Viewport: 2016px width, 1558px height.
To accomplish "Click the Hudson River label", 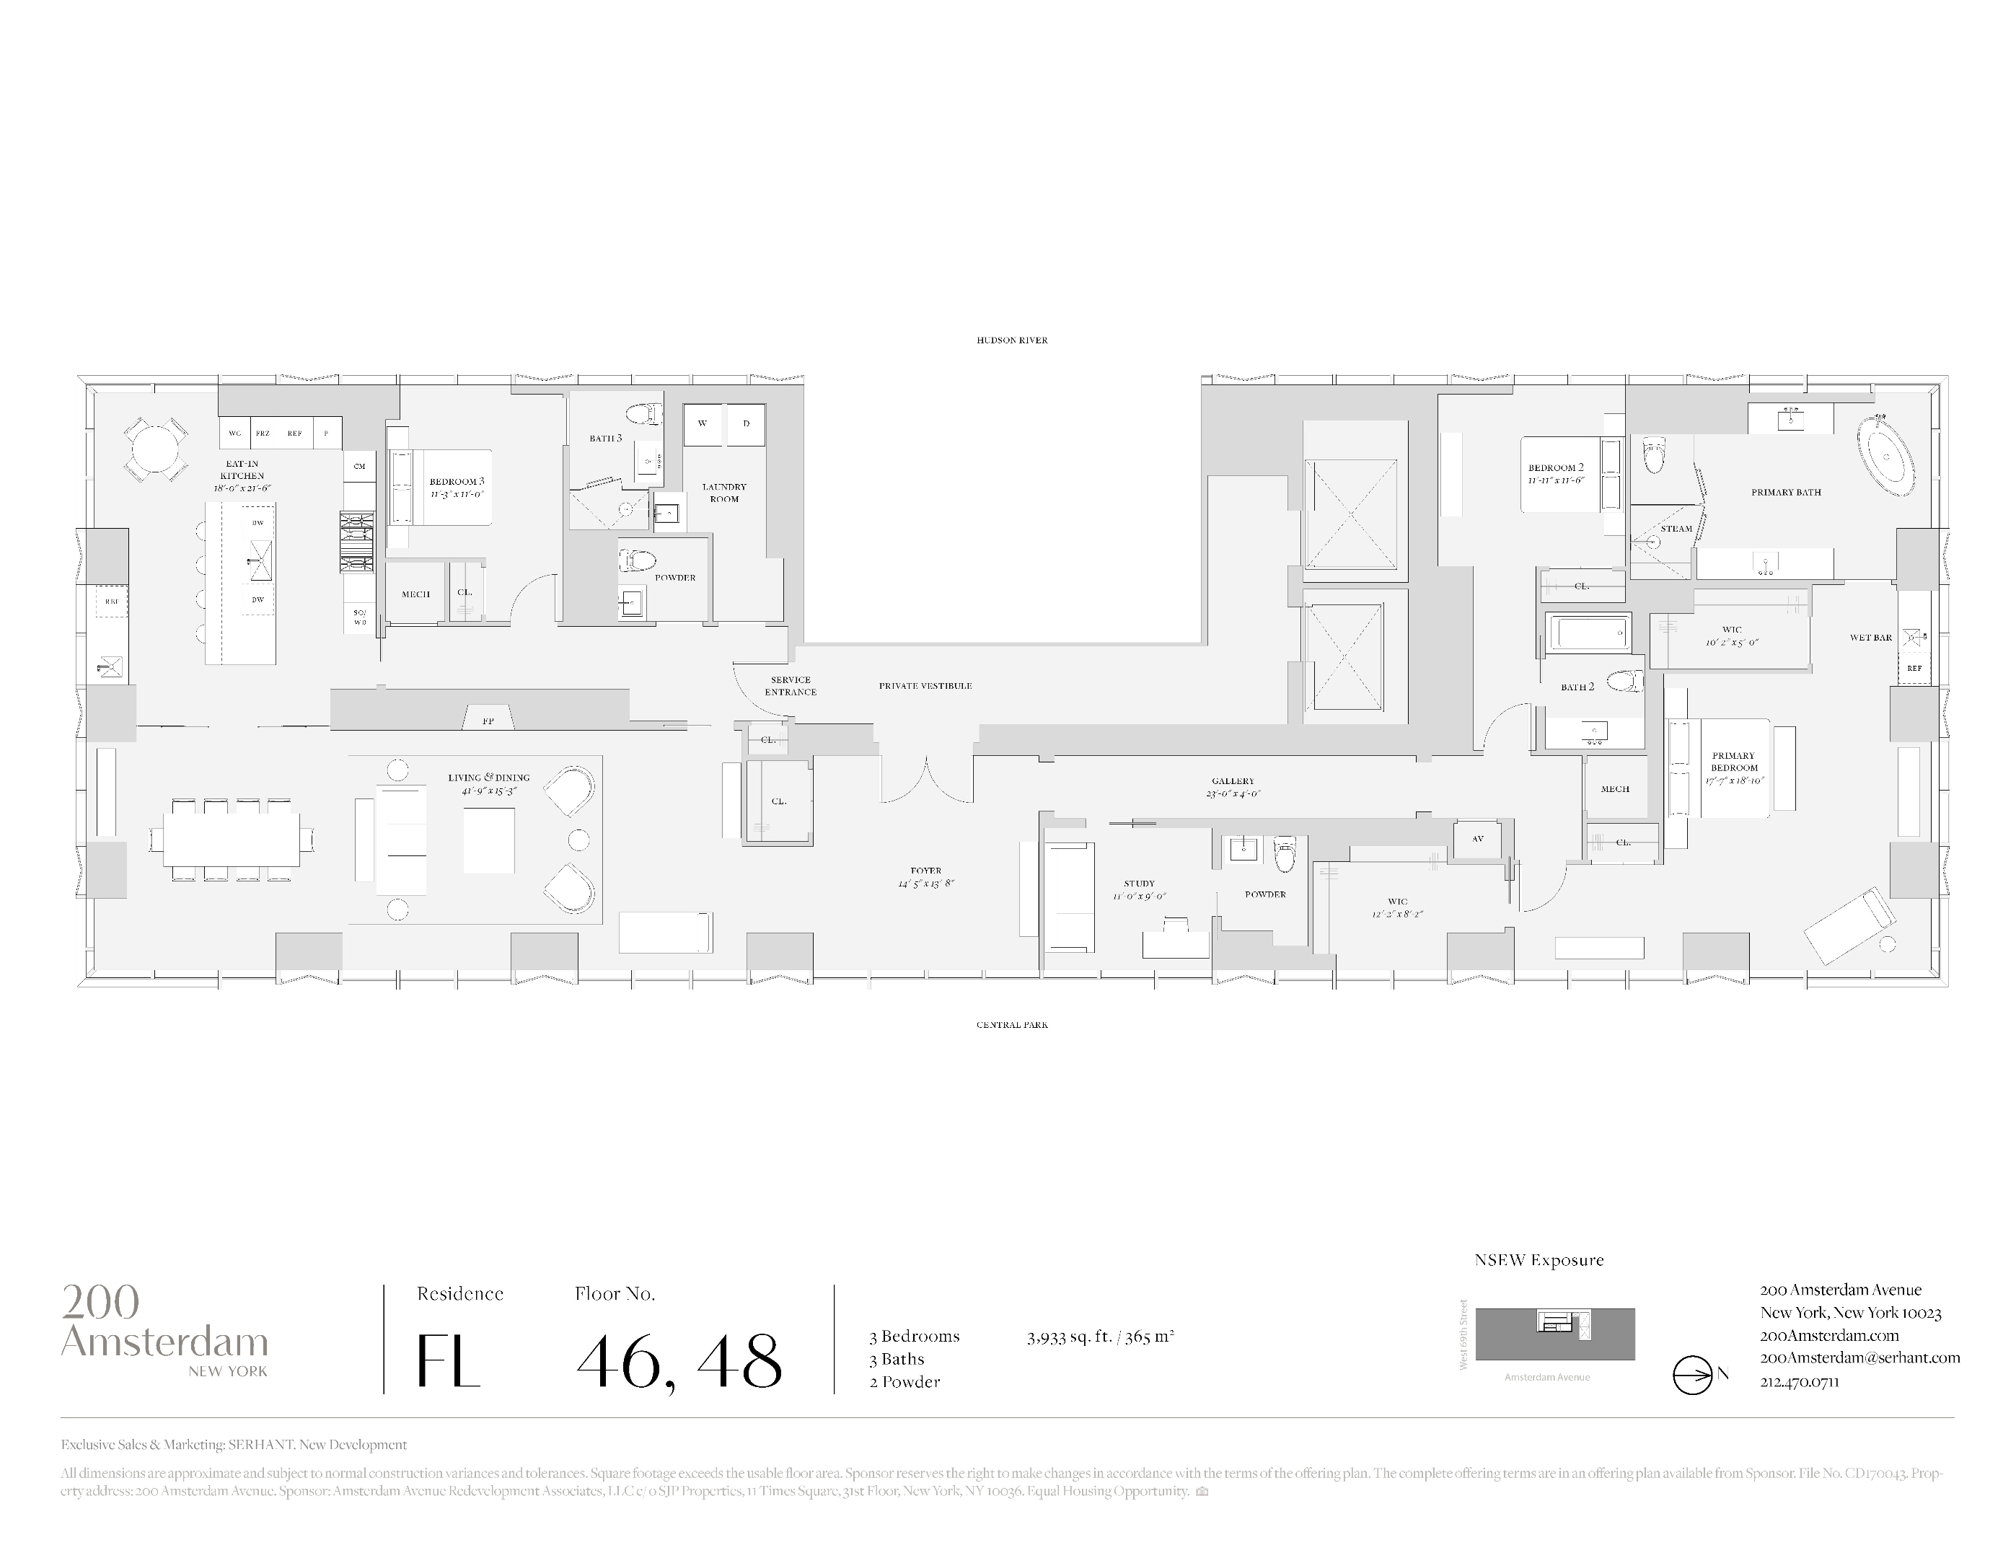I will pyautogui.click(x=1012, y=340).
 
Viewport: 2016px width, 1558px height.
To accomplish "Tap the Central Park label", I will pyautogui.click(x=1012, y=1024).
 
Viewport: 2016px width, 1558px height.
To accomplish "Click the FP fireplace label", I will pyautogui.click(x=488, y=721).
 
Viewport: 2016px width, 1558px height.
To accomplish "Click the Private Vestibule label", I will pyautogui.click(x=925, y=686).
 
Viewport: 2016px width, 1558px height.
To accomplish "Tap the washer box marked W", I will pyautogui.click(x=703, y=423).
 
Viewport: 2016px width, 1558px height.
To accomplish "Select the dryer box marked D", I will pyautogui.click(x=746, y=423).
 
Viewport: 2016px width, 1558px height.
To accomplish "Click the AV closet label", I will pyautogui.click(x=1477, y=839).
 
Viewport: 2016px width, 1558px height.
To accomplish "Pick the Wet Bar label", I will pyautogui.click(x=1870, y=638).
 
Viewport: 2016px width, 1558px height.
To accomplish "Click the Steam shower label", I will pyautogui.click(x=1676, y=529).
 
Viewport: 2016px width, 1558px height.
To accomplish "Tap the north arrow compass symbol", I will pyautogui.click(x=1693, y=1374).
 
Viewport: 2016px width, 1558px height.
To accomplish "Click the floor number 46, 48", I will pyautogui.click(x=679, y=1361).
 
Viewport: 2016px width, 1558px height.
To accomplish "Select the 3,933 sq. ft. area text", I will pyautogui.click(x=1099, y=1337).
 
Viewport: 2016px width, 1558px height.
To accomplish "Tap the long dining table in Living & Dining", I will pyautogui.click(x=232, y=840).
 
